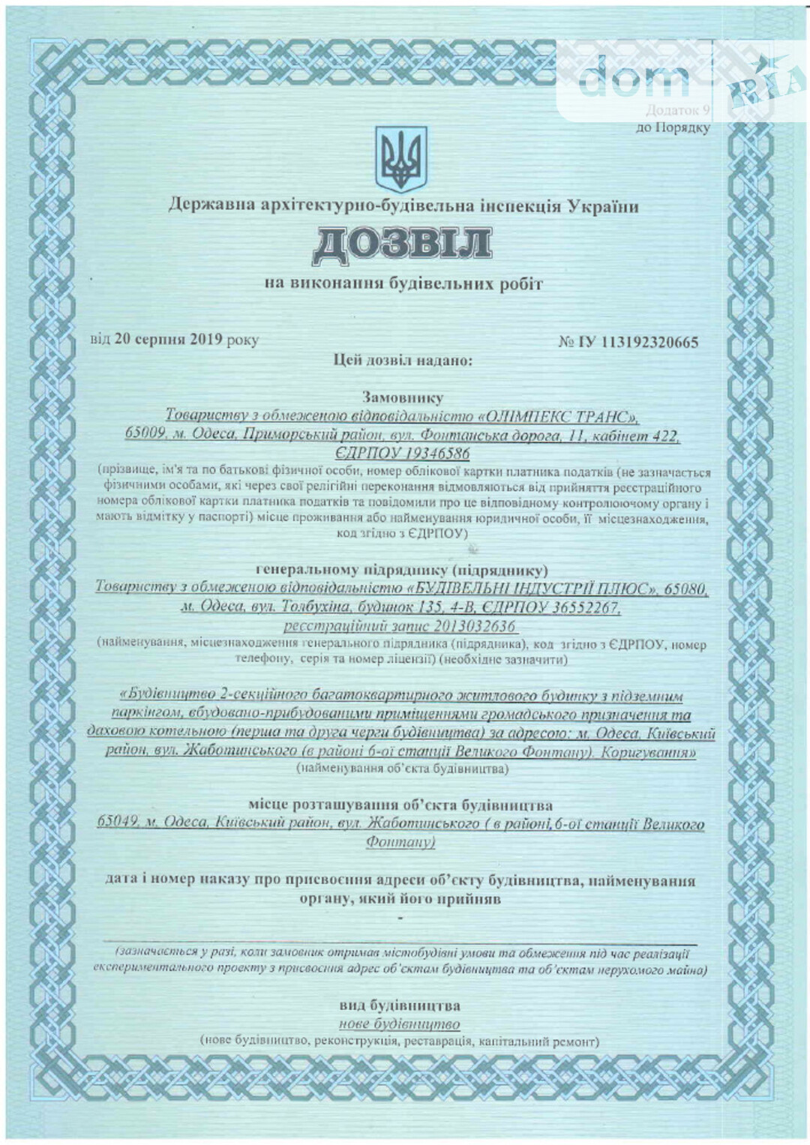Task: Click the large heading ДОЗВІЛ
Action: pos(402,244)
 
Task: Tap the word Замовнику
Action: pos(402,397)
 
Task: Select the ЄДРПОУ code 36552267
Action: pos(582,607)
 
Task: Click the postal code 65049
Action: pos(118,824)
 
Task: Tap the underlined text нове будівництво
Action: pos(399,1024)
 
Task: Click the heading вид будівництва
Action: pos(400,1006)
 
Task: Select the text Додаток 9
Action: pos(677,109)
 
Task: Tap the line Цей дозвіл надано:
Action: pos(403,361)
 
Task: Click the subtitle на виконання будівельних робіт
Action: pos(403,284)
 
